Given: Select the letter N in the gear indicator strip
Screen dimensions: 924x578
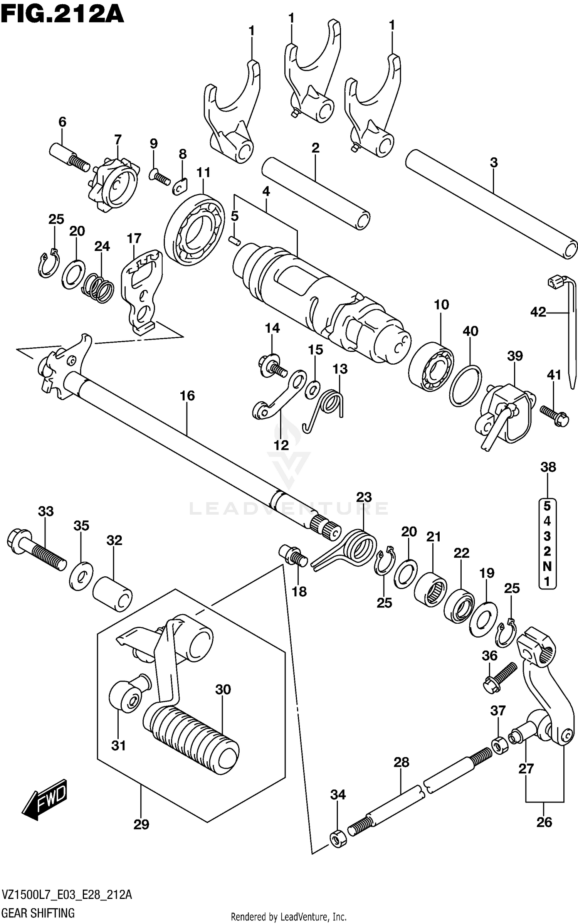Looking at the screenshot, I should (548, 566).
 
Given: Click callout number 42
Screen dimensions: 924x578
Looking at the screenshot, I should (538, 312).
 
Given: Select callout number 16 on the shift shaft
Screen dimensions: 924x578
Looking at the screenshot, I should (187, 396).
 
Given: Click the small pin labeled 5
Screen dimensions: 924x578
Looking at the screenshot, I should (234, 240).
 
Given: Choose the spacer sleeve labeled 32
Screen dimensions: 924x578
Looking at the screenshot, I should (113, 594).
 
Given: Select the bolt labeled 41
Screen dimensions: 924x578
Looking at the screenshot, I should (554, 417).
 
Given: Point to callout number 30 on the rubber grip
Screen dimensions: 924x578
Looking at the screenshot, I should (223, 689).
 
